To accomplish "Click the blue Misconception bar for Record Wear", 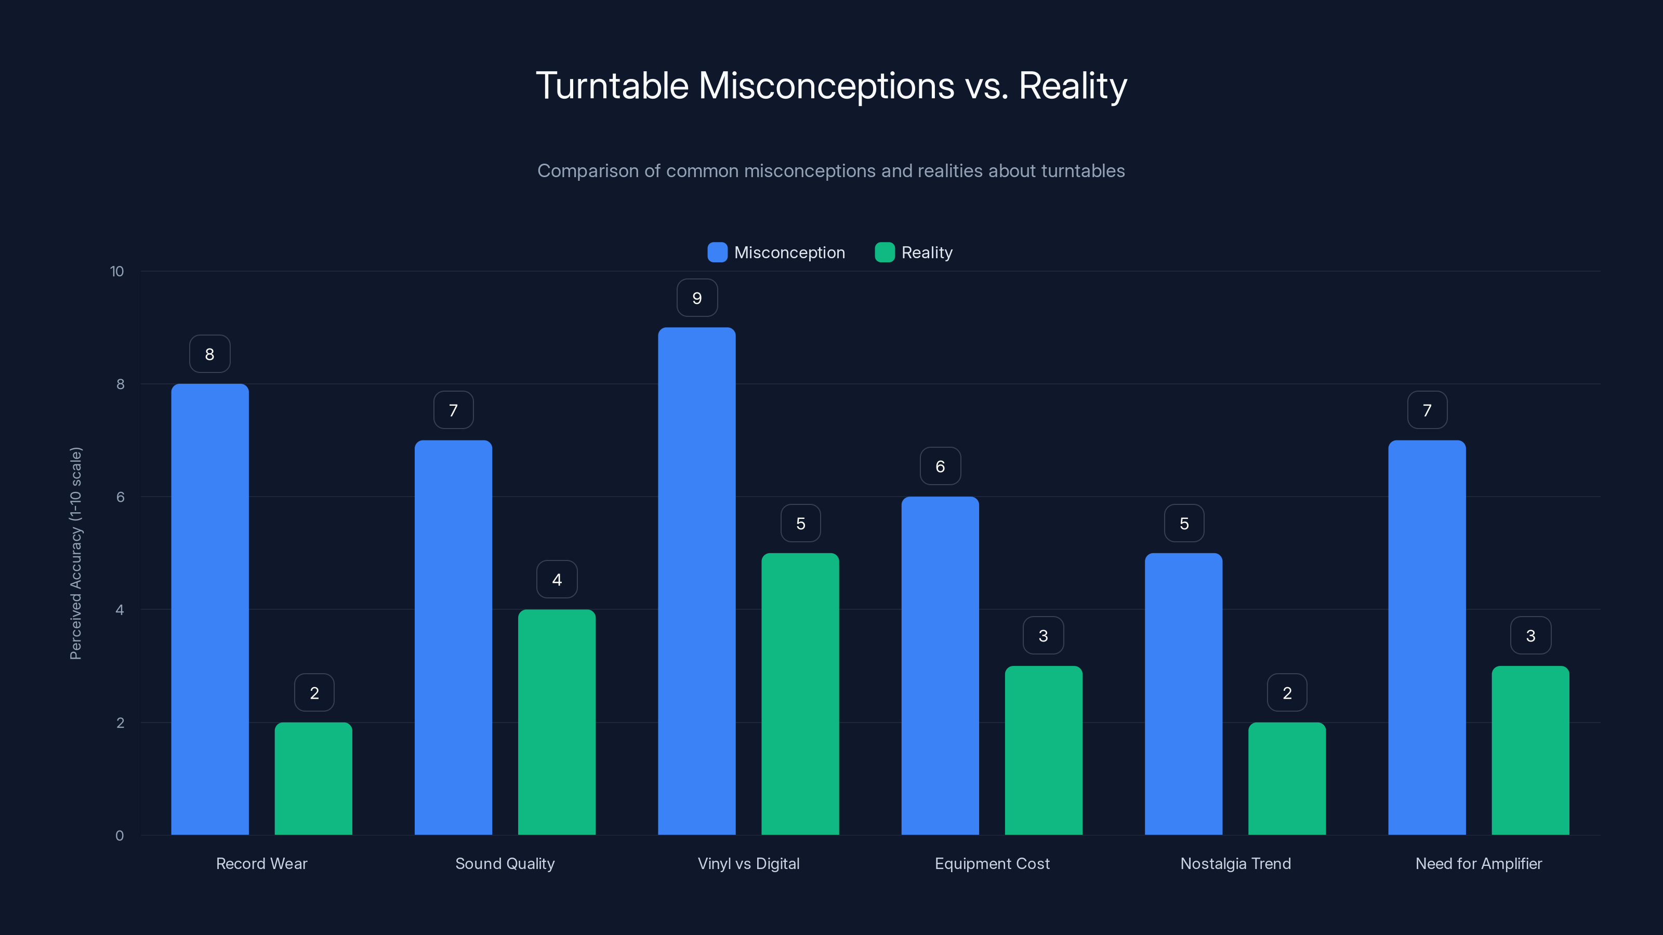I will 210,609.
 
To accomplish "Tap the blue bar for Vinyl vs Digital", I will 696,581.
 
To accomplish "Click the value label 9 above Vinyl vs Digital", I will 696,298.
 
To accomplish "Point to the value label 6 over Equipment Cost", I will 940,466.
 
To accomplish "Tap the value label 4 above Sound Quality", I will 557,580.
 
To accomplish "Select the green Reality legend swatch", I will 885,252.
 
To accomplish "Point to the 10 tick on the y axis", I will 117,271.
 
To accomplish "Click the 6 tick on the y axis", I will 120,497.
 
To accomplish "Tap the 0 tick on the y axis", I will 120,836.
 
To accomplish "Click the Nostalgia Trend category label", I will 1235,863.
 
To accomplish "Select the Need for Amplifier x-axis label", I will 1479,863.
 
